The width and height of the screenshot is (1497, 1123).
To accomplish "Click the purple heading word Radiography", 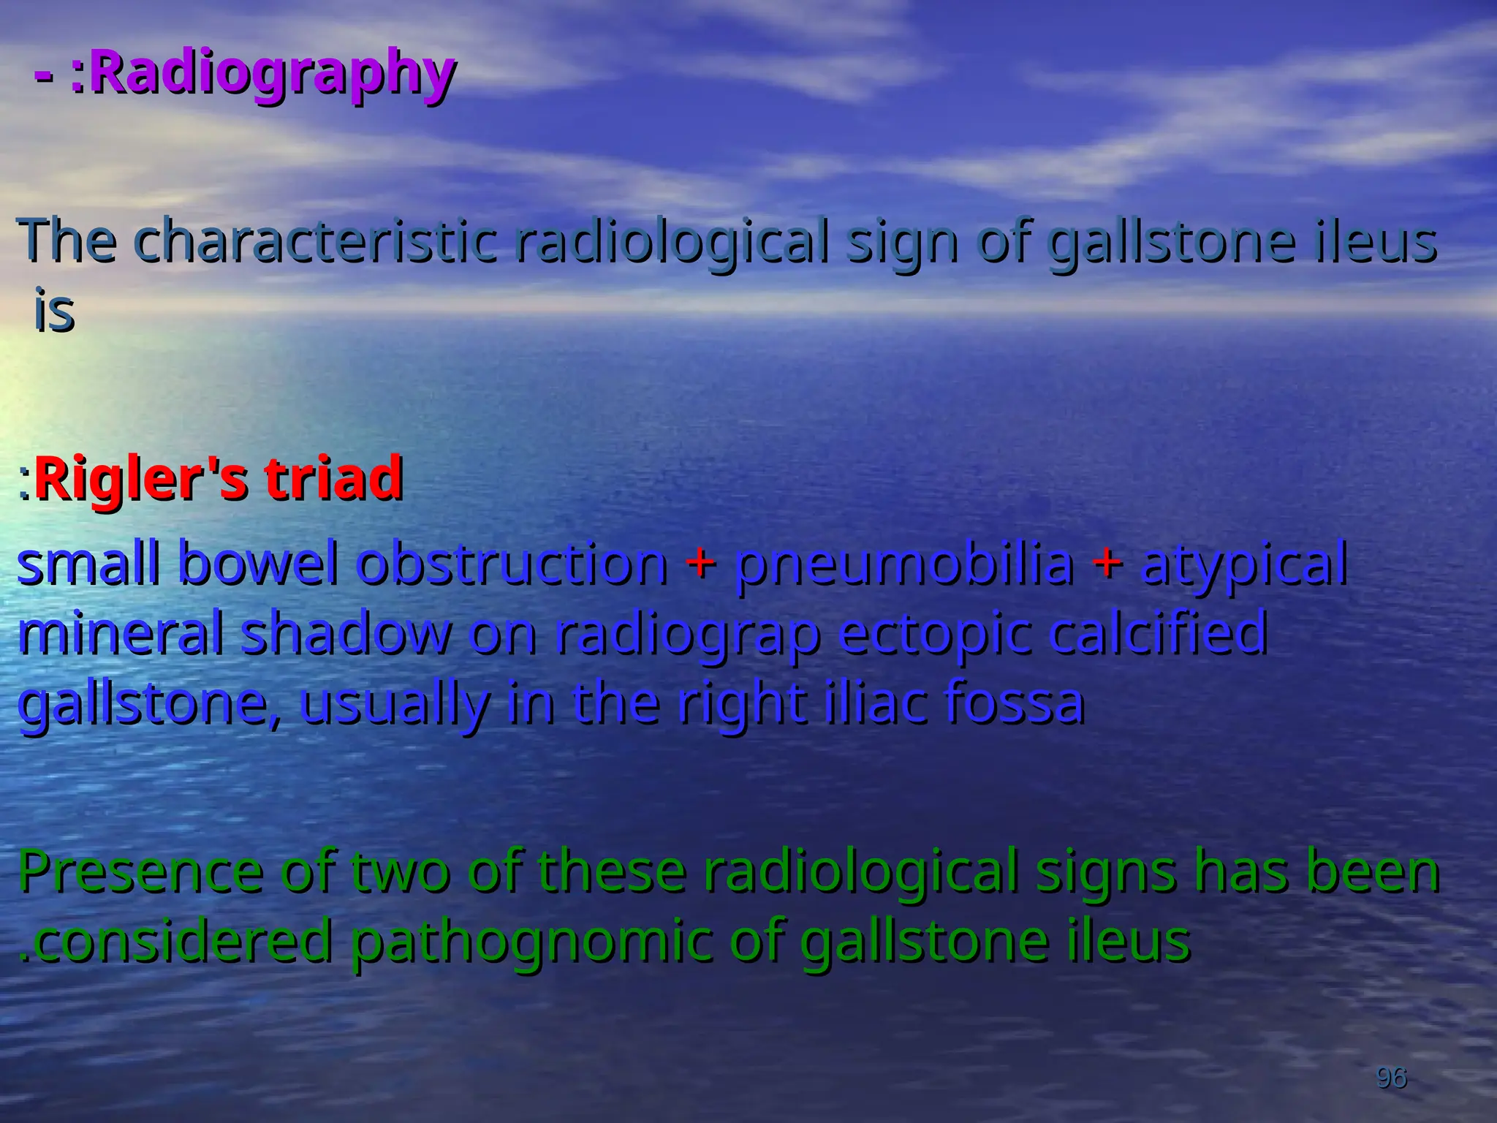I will pos(271,73).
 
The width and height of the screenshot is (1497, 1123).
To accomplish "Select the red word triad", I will pos(333,478).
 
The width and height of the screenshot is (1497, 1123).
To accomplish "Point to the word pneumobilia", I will pos(904,564).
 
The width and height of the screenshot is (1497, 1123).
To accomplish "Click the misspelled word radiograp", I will pos(687,635).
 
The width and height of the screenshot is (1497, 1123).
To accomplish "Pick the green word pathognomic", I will pos(532,940).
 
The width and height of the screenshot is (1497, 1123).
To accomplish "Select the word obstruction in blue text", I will pos(512,564).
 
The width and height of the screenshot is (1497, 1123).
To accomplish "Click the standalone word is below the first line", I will pos(54,311).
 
